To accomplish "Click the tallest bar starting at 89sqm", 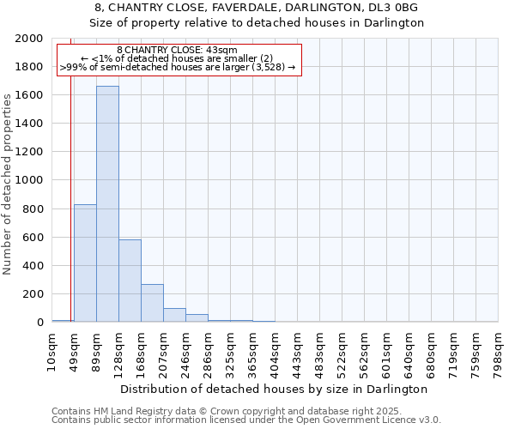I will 107,204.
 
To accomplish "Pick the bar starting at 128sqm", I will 130,281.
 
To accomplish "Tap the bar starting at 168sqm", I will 152,303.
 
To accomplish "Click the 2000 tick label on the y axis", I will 29,39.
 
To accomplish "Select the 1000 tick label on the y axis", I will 29,181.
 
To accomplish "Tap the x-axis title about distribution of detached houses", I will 275,389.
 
